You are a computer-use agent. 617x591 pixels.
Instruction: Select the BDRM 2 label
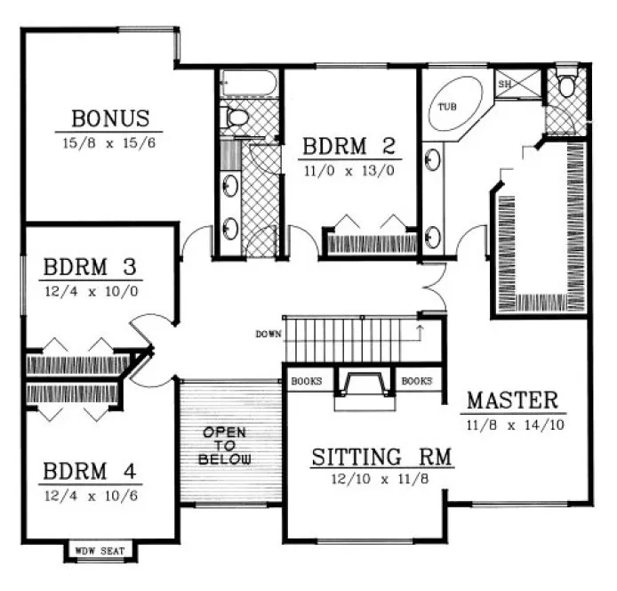[348, 146]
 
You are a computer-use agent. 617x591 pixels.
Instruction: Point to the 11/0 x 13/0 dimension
[347, 168]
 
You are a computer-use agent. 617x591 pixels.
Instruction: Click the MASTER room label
[512, 400]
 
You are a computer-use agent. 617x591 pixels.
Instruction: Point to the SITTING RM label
[381, 457]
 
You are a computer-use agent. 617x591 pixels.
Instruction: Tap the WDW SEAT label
[99, 551]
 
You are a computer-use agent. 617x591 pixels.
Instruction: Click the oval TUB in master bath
[456, 106]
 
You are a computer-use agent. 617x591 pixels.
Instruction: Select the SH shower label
[505, 84]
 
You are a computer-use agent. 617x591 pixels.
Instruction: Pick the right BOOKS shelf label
[416, 381]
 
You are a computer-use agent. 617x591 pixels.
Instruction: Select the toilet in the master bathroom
[565, 86]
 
